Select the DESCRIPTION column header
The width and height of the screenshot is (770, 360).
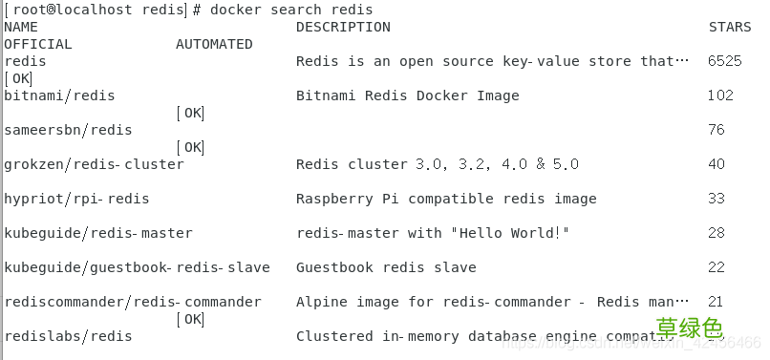343,27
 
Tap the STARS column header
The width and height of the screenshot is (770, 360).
730,27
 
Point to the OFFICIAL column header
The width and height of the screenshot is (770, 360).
38,44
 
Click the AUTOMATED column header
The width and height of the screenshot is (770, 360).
214,44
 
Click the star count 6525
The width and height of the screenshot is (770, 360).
724,61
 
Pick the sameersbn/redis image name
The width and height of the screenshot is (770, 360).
68,130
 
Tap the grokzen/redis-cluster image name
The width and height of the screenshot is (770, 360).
94,164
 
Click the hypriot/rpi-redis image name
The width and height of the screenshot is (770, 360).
76,199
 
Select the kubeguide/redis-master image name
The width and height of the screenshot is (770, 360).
98,233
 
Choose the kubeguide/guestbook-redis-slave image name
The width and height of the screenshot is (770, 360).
137,267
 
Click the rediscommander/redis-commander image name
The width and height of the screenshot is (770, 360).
133,302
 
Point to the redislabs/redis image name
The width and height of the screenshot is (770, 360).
68,336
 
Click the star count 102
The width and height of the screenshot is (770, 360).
720,95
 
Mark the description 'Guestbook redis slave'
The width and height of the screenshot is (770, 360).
386,267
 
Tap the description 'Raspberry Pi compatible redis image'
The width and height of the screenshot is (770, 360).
446,199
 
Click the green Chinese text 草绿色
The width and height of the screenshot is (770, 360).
688,328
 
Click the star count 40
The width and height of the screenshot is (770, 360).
717,164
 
